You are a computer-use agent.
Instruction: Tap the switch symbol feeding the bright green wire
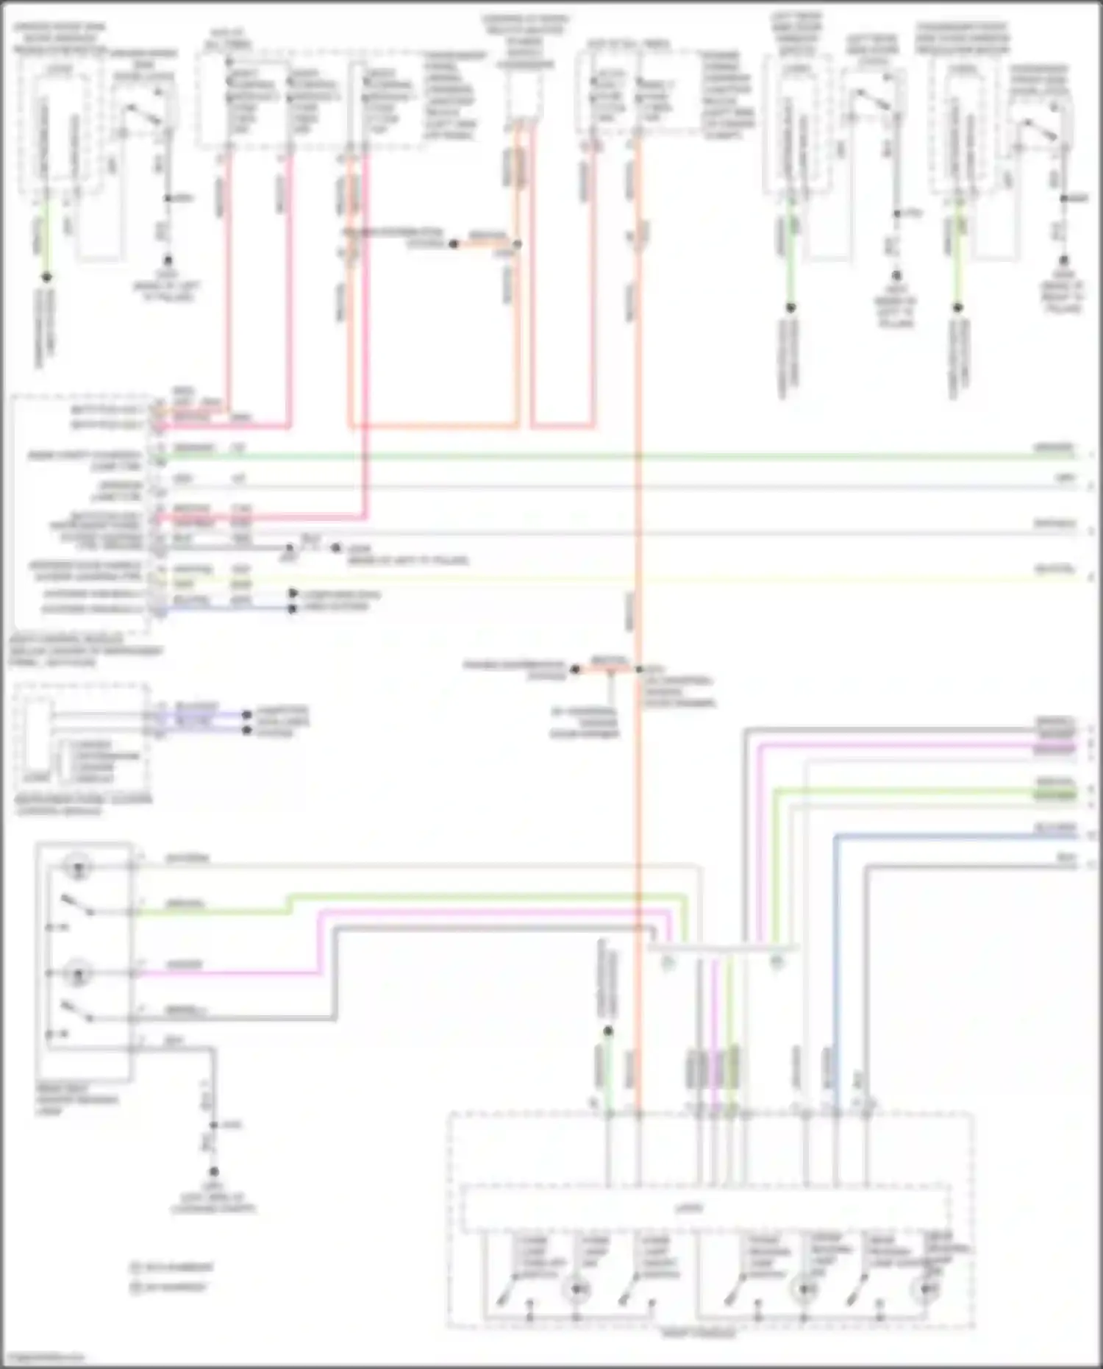coord(78,905)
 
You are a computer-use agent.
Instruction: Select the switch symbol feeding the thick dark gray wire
coord(78,1012)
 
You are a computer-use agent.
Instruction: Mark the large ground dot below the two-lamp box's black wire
coord(213,1171)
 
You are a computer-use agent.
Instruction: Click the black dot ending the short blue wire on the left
coord(293,608)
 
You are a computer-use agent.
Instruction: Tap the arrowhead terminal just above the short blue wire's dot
coord(293,593)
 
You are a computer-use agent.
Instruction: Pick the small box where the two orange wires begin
coord(524,96)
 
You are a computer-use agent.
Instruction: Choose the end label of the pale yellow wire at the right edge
coord(1056,569)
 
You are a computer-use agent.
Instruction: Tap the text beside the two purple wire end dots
coord(282,722)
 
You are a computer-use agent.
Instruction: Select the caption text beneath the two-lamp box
coord(76,1099)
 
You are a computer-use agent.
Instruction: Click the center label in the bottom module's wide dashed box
coord(688,1208)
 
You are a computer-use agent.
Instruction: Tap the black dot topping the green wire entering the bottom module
coord(608,1031)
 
